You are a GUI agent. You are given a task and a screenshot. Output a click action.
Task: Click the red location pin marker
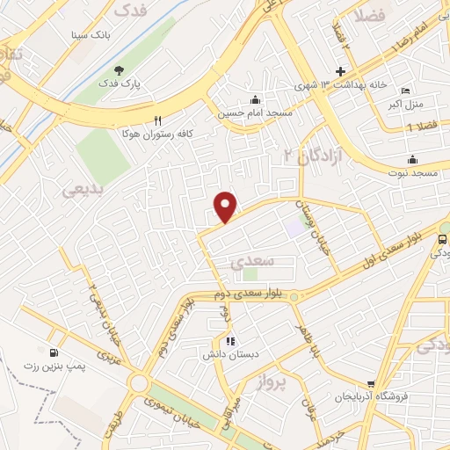pos(226,206)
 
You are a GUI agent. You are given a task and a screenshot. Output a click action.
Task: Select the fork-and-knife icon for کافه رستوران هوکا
pos(158,120)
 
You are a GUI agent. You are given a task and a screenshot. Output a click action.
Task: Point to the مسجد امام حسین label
pos(255,113)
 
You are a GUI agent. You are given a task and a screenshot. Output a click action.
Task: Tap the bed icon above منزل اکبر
pos(404,91)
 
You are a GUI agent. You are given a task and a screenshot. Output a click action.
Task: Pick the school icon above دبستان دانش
pos(229,341)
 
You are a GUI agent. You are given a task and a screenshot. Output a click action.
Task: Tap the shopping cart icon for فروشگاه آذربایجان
pos(372,384)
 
